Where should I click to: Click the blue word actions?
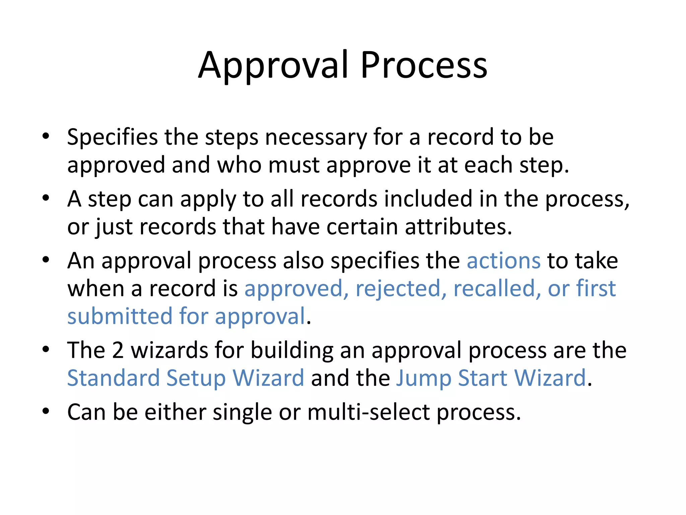[x=503, y=261]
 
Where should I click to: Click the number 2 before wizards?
[x=118, y=350]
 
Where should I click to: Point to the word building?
[x=292, y=350]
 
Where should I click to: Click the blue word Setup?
[x=196, y=378]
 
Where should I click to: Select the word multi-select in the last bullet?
[x=368, y=412]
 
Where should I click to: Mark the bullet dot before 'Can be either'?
[x=46, y=411]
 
